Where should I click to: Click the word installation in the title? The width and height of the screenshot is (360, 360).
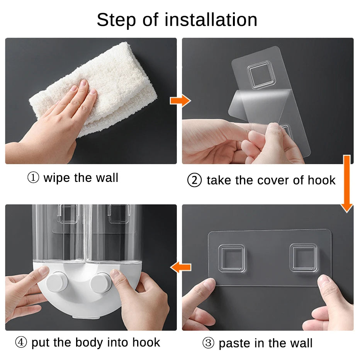coord(211,20)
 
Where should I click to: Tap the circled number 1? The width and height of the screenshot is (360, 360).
coord(33,177)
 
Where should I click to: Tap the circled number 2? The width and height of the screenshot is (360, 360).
coord(194,180)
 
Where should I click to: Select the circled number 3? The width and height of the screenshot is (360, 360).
coord(208,343)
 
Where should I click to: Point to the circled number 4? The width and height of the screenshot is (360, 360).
coord(21,342)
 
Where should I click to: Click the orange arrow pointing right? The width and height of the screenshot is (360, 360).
coord(180,100)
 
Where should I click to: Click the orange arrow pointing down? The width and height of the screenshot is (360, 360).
coord(347,184)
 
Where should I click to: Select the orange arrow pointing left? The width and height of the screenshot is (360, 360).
coord(180,267)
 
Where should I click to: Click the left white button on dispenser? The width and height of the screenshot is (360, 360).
coord(57,282)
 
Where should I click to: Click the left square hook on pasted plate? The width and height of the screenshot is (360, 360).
coord(231,258)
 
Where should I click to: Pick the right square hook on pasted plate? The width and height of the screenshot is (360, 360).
coord(304,258)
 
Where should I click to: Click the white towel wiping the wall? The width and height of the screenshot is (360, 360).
coord(97,90)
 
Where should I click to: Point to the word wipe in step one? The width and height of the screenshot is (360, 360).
coord(56,178)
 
